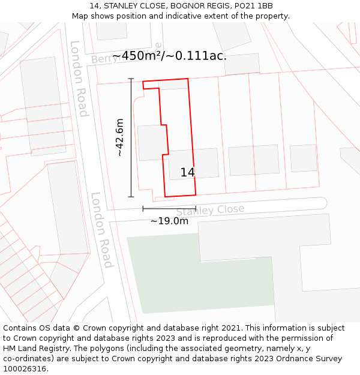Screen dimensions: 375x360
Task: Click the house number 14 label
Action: tap(188, 173)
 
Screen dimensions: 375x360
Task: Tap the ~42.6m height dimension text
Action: tap(120, 138)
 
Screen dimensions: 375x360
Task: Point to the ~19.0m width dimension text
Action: tap(169, 221)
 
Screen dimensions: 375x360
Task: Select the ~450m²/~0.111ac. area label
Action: tap(169, 56)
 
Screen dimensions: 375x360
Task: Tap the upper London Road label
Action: tap(79, 79)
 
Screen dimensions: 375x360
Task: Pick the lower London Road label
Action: tap(101, 230)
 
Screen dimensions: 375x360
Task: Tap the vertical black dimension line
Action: tap(131, 138)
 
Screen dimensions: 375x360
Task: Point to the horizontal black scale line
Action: tap(169, 209)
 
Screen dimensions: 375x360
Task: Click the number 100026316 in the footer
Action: tap(23, 369)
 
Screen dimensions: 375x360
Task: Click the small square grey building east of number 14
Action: tap(303, 158)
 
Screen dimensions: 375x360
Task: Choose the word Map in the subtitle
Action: tap(81, 16)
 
